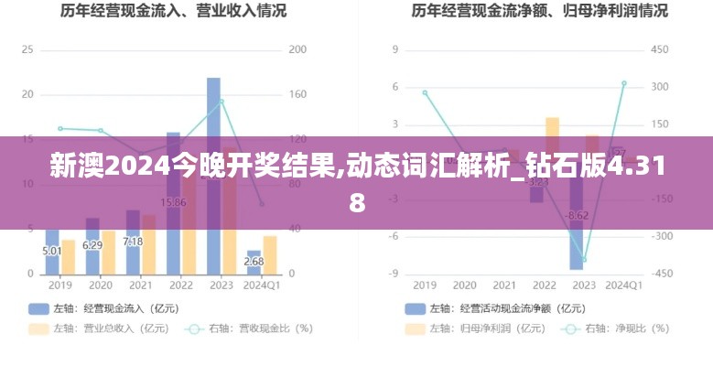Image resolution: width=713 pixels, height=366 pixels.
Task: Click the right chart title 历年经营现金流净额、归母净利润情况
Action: (x=539, y=12)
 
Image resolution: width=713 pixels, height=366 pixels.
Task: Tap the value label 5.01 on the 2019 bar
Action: (x=52, y=250)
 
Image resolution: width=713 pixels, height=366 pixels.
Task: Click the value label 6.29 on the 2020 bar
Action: (x=92, y=245)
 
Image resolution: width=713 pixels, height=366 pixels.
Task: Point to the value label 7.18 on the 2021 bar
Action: (x=133, y=242)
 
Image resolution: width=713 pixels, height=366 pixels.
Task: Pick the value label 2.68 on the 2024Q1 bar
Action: (x=254, y=262)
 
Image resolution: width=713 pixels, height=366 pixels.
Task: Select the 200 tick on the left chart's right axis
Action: (x=297, y=49)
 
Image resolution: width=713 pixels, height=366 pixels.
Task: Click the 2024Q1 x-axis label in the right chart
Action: (x=624, y=285)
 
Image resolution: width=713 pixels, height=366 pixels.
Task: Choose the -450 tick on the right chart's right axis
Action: (x=661, y=274)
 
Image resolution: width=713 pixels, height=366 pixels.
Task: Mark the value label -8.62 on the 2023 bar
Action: (x=577, y=216)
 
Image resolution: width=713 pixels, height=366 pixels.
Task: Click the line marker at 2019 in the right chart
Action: (x=425, y=92)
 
